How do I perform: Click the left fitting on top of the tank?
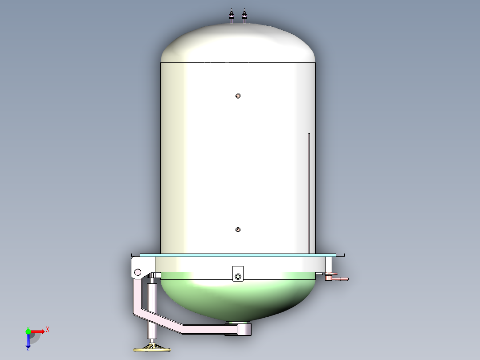(x=231, y=17)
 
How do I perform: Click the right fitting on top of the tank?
(x=244, y=17)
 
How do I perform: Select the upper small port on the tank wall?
(x=238, y=96)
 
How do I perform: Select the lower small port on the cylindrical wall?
(x=238, y=230)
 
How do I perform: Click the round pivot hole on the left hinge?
(x=138, y=272)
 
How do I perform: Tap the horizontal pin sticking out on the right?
(x=340, y=279)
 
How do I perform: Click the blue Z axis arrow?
(x=28, y=342)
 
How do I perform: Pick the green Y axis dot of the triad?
(x=28, y=331)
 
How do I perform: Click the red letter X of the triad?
(x=48, y=330)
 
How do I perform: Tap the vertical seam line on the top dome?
(x=238, y=45)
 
